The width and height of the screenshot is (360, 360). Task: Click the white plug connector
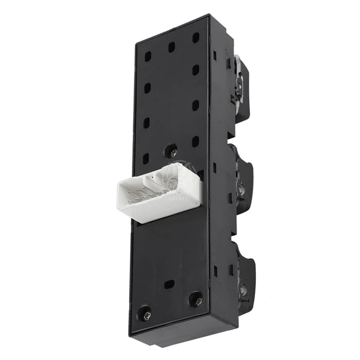(x=154, y=195)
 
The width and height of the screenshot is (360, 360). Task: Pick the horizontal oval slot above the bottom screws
(x=169, y=284)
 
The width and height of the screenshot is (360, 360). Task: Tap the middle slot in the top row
(x=171, y=47)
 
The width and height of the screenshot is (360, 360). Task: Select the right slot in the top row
(x=195, y=38)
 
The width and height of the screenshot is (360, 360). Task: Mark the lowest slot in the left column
(x=145, y=158)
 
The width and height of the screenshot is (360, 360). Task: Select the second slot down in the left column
(x=147, y=88)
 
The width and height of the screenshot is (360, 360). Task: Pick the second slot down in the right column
(x=195, y=69)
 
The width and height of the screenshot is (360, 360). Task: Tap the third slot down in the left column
(x=146, y=123)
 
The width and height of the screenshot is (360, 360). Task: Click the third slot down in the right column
(x=195, y=105)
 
